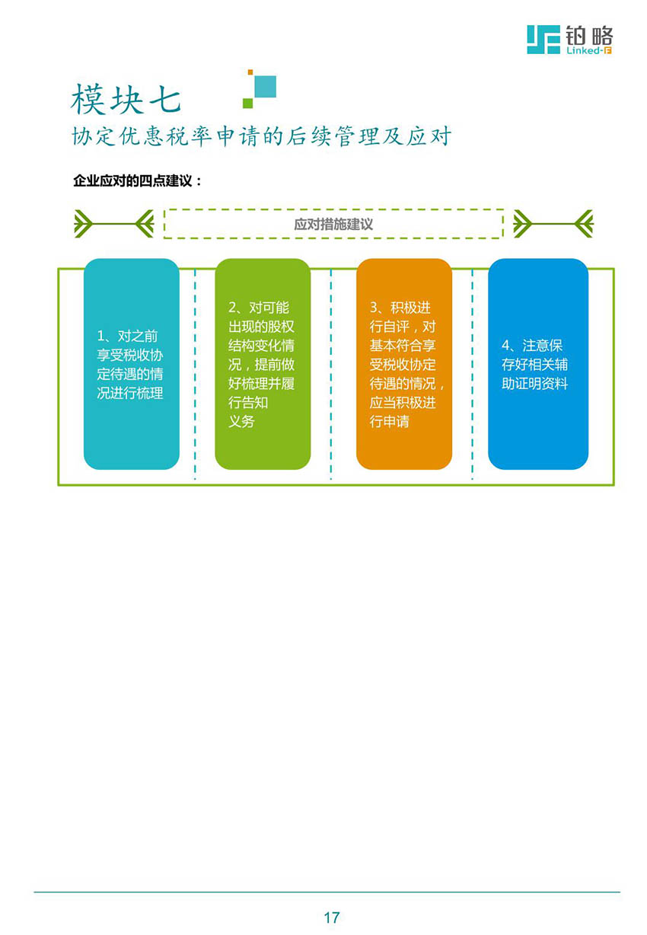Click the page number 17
pos(331,917)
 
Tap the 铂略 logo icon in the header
pos(543,40)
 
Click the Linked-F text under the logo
pos(588,50)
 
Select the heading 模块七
pos(126,99)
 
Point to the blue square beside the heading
pos(265,86)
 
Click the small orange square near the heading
pos(250,72)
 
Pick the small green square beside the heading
pos(247,103)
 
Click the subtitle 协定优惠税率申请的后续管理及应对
pos(261,136)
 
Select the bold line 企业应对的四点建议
pos(137,180)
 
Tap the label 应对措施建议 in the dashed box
pos(333,224)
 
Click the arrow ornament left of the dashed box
pos(114,224)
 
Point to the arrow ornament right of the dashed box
pos(553,224)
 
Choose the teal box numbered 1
pos(132,363)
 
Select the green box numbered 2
pos(263,363)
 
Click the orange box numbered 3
pos(404,363)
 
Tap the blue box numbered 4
pos(538,363)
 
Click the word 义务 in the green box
pos(241,421)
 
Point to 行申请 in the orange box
pos(389,421)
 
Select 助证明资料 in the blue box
pos(534,383)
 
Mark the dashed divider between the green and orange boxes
pos(331,374)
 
